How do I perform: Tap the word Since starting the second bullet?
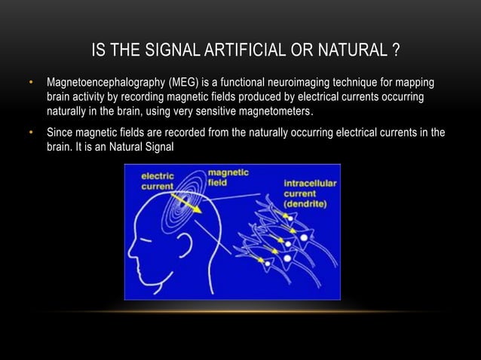click(x=60, y=133)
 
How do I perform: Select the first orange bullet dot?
click(x=31, y=81)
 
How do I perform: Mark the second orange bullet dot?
click(x=31, y=133)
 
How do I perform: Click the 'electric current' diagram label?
click(x=158, y=181)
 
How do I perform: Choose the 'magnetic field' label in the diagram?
click(x=226, y=177)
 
